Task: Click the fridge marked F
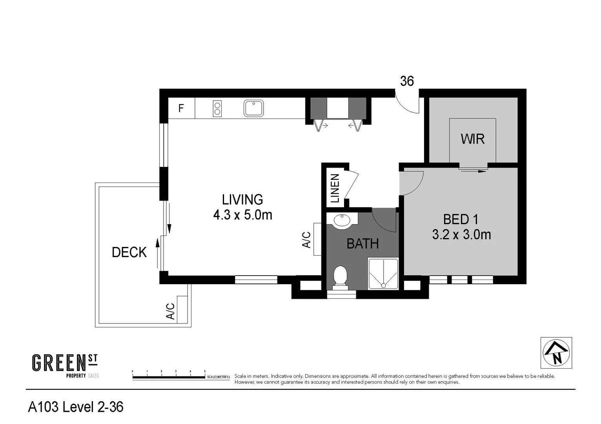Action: click(181, 108)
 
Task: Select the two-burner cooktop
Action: click(217, 108)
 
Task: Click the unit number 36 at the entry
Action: click(407, 81)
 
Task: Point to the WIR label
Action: click(473, 139)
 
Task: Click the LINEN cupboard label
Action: click(335, 188)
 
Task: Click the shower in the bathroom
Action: click(383, 274)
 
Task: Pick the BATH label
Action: click(363, 243)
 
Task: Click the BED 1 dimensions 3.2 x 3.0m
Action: click(461, 235)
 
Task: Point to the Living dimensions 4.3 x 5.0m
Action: click(243, 215)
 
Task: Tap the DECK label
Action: click(129, 252)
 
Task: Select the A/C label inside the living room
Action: click(306, 239)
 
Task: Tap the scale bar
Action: click(169, 377)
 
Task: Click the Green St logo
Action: click(65, 366)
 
